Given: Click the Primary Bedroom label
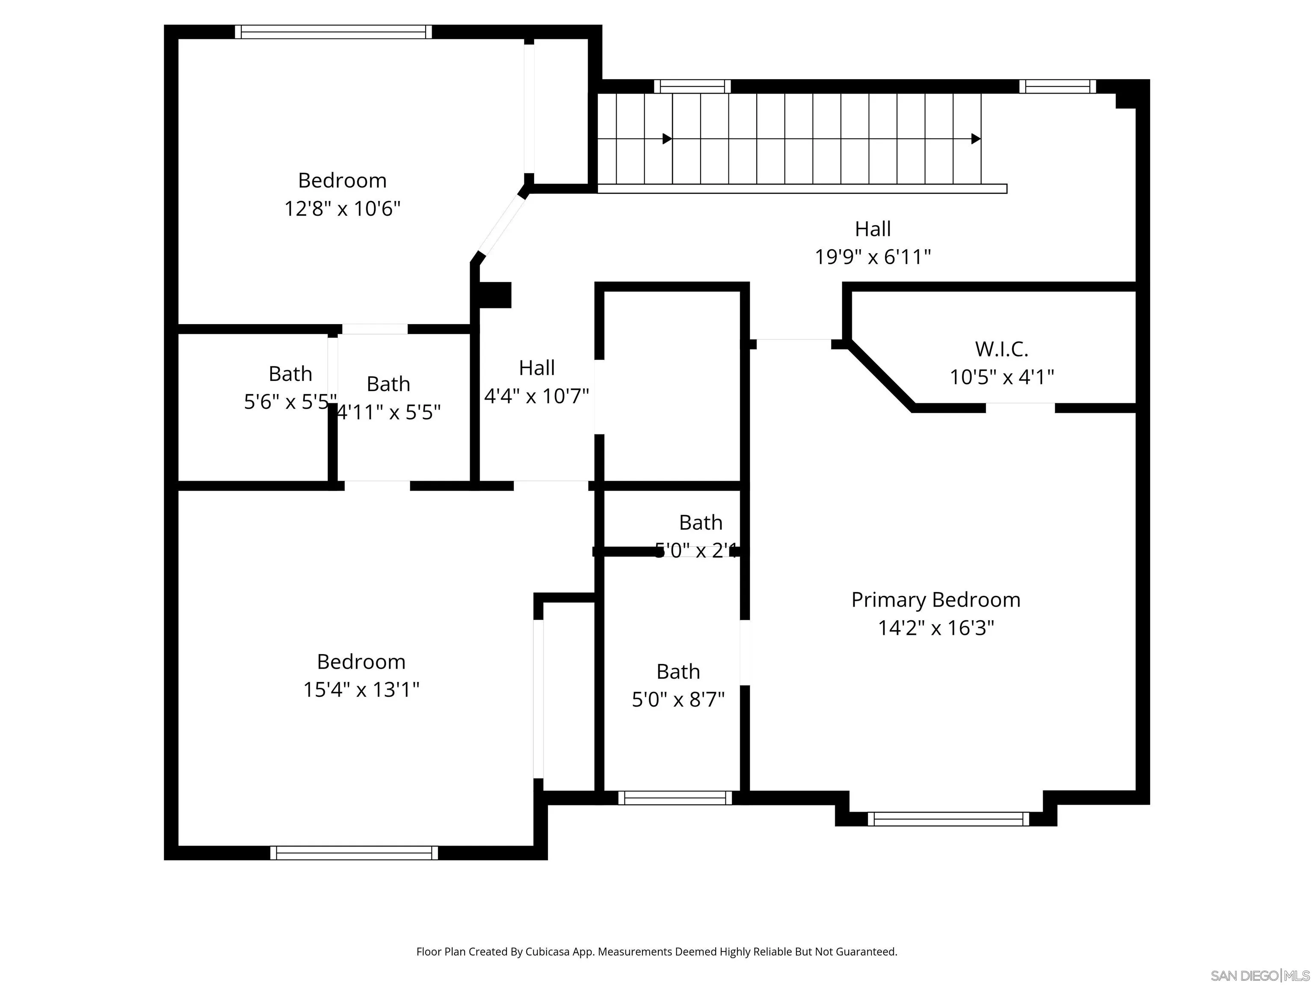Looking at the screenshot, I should (x=935, y=600).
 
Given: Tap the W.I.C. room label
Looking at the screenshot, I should (x=1001, y=349).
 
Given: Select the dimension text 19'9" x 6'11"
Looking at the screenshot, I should (x=872, y=257).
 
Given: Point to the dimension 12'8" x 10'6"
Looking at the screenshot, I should (x=342, y=209).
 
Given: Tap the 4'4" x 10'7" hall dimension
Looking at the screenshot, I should (x=536, y=396).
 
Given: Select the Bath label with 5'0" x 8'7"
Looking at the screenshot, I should (x=678, y=672).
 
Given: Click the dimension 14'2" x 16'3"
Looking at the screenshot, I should (x=935, y=628).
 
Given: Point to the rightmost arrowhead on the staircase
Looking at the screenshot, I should (x=975, y=139).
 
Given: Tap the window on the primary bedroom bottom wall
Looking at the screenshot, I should (x=948, y=820).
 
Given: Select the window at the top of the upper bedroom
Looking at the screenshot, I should (x=333, y=32).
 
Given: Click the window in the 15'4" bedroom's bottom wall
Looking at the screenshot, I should (x=354, y=853).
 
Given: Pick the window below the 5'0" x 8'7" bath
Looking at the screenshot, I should (x=675, y=798).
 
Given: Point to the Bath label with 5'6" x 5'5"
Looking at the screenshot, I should (x=290, y=374).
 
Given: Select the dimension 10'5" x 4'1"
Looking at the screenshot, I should (x=1001, y=377).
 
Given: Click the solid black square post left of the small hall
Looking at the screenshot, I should (x=495, y=295).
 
